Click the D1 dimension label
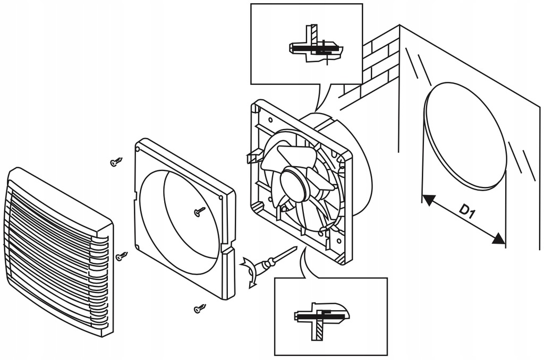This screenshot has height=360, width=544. click(467, 212)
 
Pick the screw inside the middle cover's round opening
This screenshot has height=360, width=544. click(200, 211)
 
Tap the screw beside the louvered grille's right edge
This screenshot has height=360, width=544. click(122, 256)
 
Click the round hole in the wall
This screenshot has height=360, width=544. click(465, 135)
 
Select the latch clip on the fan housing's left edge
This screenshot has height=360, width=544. click(252, 157)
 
